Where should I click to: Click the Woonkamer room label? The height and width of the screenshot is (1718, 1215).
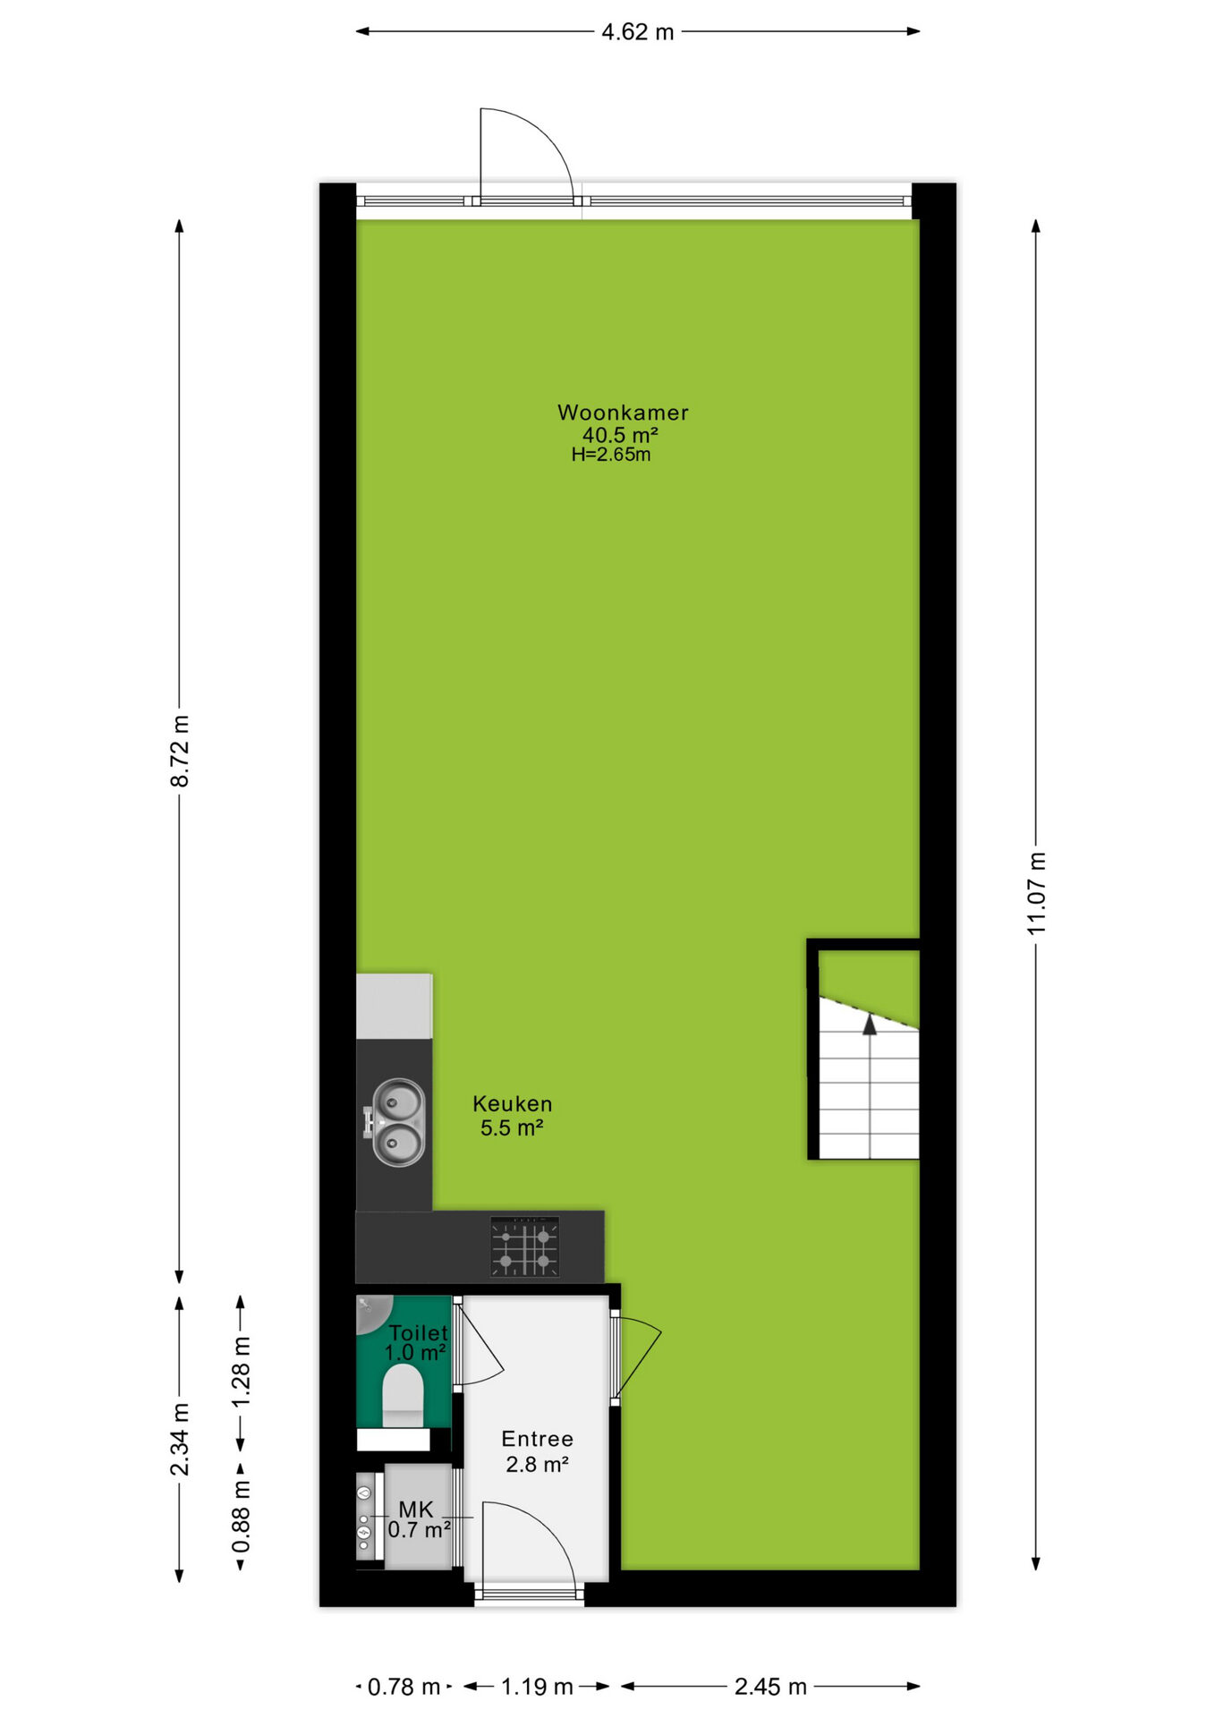point(623,412)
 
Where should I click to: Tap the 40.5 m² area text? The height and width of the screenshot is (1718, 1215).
point(620,435)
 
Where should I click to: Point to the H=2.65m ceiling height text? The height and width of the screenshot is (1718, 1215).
point(611,455)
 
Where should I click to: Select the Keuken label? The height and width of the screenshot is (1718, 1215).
point(512,1103)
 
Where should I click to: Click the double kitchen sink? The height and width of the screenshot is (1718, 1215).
point(397,1122)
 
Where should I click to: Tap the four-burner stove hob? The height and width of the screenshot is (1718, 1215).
point(524,1246)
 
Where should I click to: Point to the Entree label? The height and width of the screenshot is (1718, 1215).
point(537,1439)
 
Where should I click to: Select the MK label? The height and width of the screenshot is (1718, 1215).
point(416,1510)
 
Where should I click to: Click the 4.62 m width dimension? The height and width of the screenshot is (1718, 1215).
point(637,32)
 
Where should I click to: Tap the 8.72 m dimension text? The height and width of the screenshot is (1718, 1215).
point(180,751)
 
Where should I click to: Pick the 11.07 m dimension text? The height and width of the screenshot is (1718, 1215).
point(1036,894)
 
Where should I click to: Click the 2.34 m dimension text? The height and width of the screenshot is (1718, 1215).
point(180,1440)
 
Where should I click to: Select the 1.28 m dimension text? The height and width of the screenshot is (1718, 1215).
point(241,1372)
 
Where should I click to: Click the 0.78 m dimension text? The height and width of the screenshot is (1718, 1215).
point(404,1687)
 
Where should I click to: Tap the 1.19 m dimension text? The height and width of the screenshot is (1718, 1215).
point(537,1687)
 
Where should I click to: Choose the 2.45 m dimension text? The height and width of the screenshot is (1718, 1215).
point(770,1687)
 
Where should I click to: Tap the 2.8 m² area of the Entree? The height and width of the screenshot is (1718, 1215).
point(537,1464)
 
